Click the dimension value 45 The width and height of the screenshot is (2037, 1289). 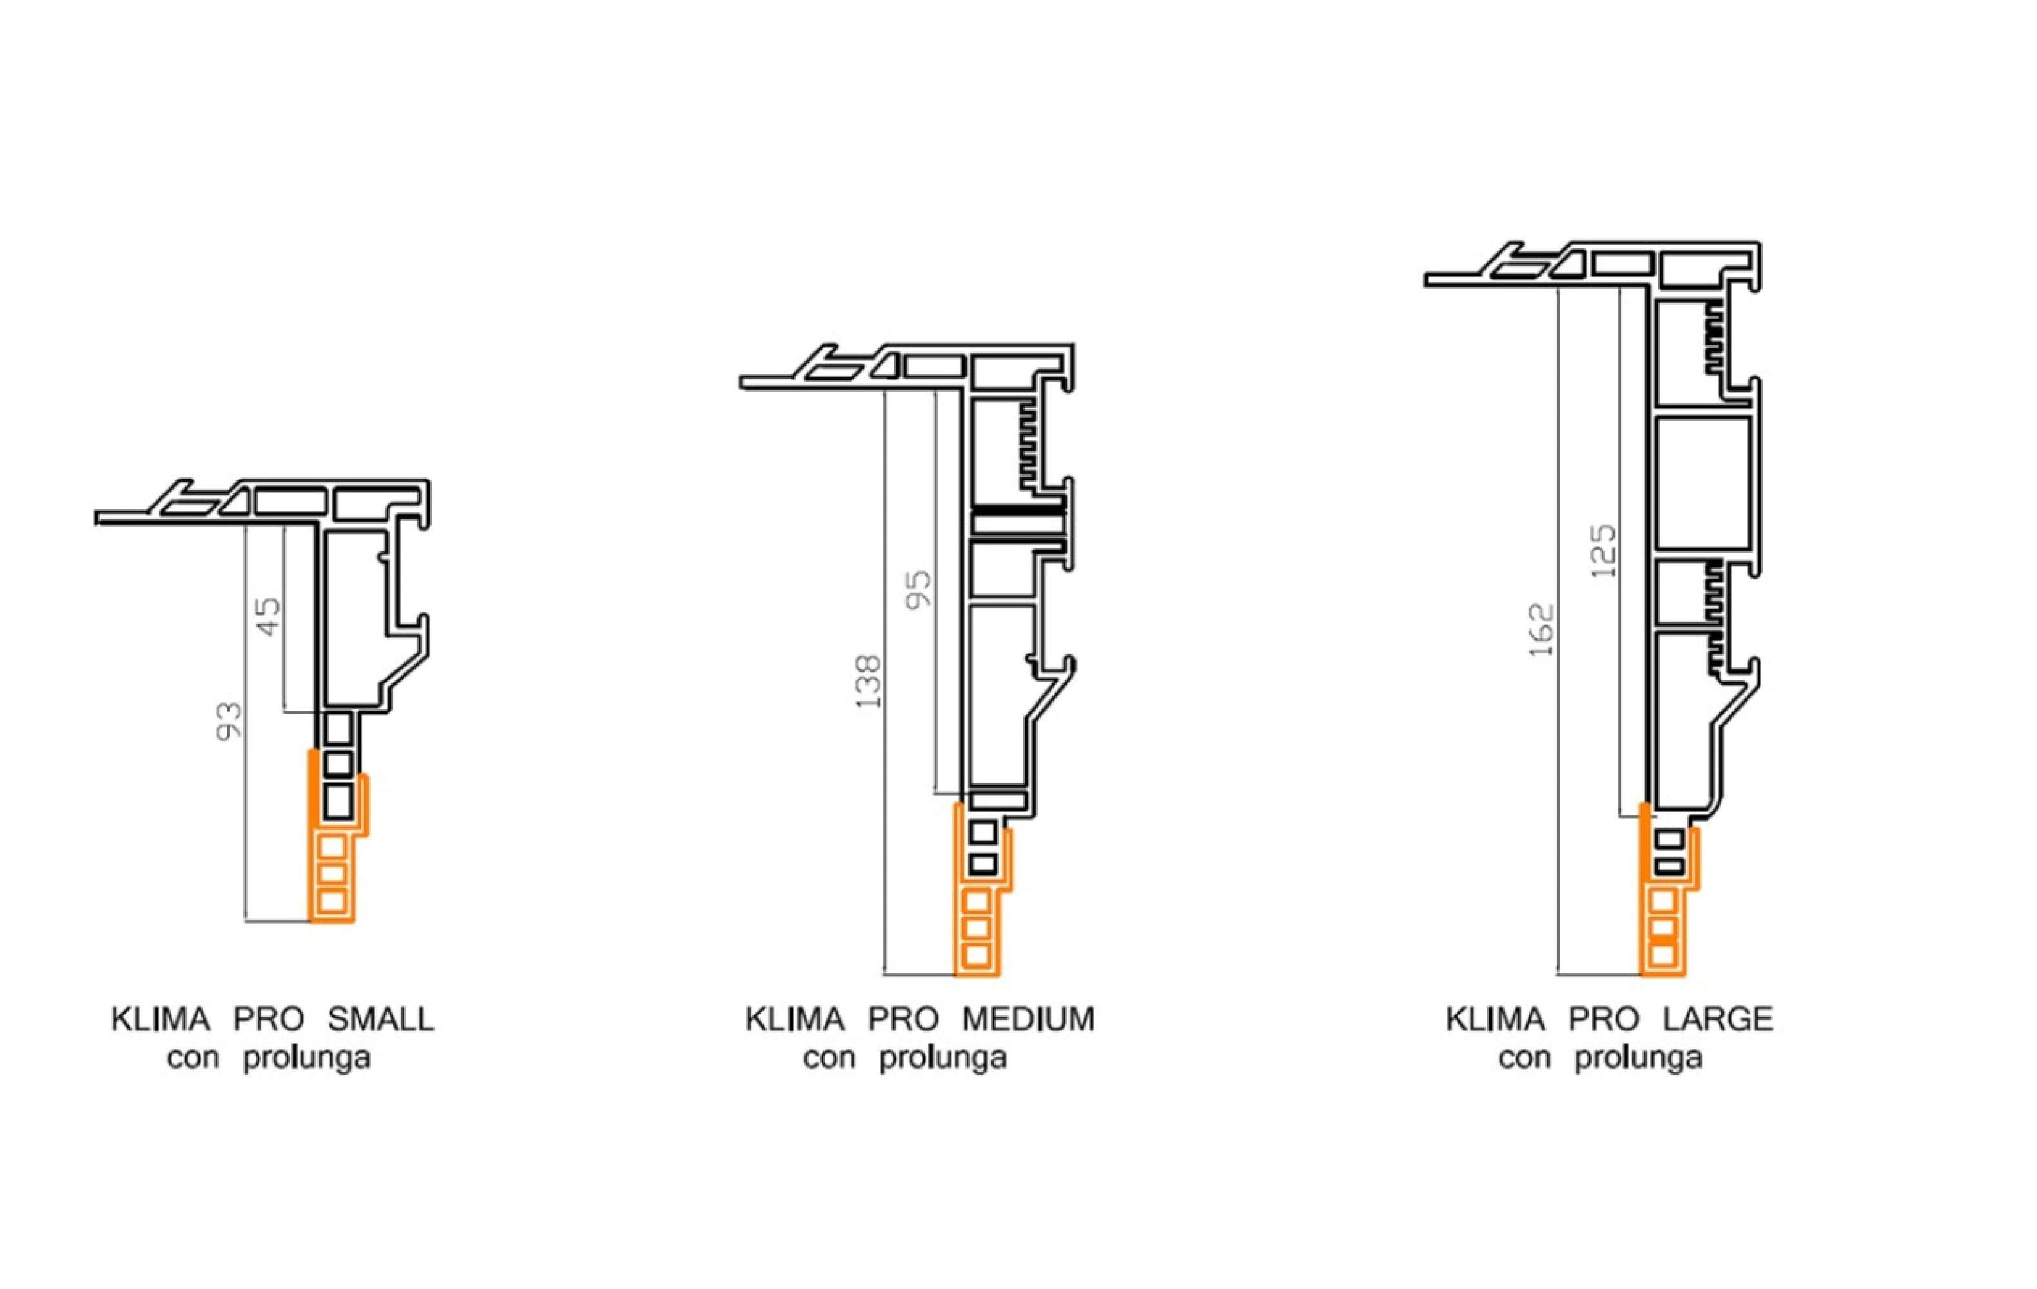(268, 617)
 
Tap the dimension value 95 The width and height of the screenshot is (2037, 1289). (919, 588)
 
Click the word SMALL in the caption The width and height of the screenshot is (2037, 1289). (381, 1019)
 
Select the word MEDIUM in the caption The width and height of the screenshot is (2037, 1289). (1028, 1019)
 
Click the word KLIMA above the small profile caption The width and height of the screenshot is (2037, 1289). (161, 1019)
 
